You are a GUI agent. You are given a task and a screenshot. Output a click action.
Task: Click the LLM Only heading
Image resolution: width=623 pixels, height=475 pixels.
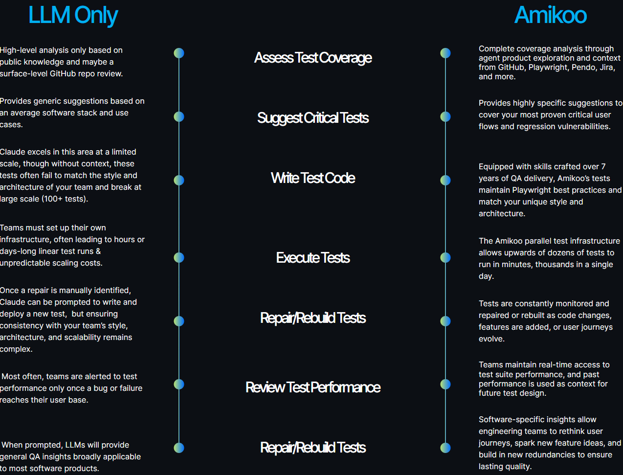73,15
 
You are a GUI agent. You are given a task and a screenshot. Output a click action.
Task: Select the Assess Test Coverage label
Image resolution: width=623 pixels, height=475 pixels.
313,58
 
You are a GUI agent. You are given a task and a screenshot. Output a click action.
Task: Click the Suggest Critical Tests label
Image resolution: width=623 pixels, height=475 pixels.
313,118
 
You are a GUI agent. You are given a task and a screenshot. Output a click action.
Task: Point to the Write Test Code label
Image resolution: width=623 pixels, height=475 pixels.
313,178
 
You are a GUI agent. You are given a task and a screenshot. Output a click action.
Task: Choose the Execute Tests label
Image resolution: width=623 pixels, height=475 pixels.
313,257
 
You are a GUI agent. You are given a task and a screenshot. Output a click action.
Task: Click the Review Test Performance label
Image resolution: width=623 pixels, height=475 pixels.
313,387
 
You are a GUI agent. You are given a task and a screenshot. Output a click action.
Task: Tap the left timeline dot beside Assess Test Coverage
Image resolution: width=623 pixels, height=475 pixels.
179,53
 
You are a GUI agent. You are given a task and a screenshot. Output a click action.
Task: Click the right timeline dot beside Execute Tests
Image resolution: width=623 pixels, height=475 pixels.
445,257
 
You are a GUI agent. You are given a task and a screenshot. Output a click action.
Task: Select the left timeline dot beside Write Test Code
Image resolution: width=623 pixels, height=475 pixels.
179,181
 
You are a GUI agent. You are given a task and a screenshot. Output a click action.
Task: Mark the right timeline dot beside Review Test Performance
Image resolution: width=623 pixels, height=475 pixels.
445,384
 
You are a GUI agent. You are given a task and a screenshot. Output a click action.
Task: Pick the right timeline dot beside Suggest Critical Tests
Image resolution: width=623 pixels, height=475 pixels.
445,117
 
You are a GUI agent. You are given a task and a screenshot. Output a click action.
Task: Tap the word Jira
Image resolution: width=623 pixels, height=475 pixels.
607,68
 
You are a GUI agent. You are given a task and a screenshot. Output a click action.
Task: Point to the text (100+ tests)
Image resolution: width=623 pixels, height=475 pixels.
65,199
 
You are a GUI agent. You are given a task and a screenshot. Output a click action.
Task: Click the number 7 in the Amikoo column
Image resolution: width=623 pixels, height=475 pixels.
603,166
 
